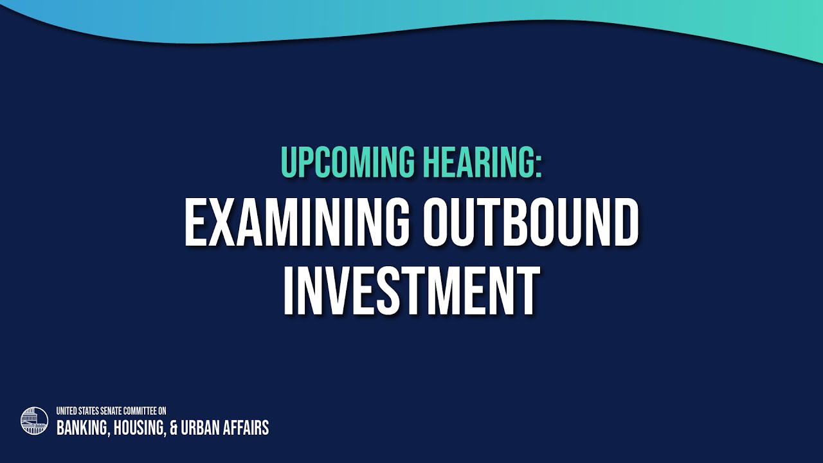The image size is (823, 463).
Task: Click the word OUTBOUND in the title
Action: (x=531, y=222)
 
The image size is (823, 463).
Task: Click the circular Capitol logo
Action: (x=34, y=421)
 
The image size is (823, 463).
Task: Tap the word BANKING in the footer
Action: (x=82, y=428)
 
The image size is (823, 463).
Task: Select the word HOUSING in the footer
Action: (x=139, y=428)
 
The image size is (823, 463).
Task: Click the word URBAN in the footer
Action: (x=200, y=428)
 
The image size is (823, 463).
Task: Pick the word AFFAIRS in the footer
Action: (x=246, y=428)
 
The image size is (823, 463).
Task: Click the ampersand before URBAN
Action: (x=174, y=428)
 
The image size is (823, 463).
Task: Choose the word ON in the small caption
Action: (x=163, y=410)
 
